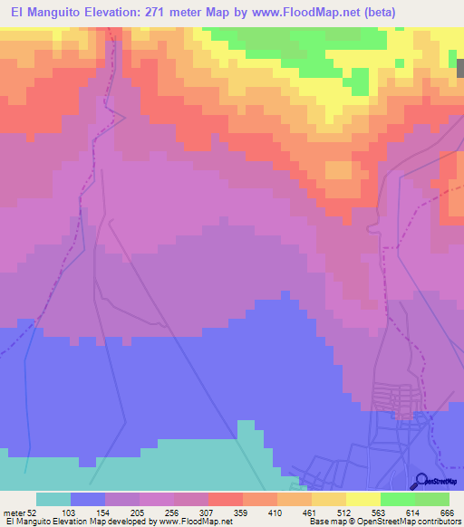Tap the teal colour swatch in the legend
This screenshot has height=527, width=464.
pos(53,499)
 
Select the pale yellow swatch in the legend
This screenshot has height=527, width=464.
pos(362,499)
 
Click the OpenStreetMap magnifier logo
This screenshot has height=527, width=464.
pos(421,480)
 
